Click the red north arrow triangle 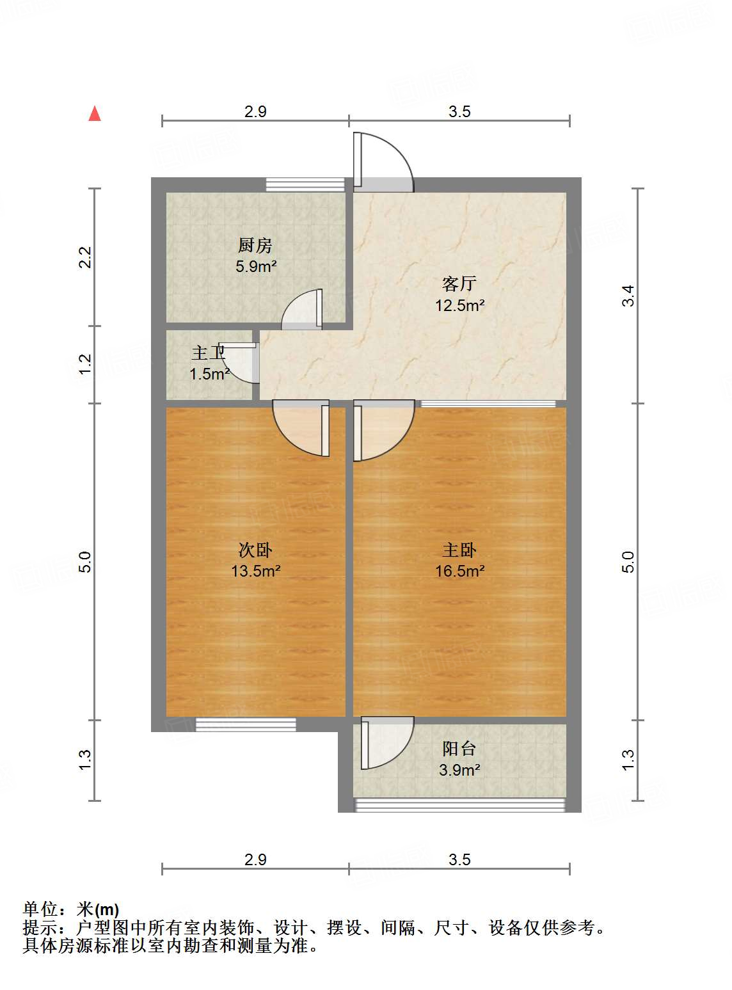pos(95,114)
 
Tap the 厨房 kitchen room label pos(255,245)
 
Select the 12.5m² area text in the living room pos(459,305)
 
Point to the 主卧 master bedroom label pos(459,550)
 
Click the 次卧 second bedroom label pos(255,550)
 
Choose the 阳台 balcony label pos(459,748)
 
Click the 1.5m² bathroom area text pos(209,374)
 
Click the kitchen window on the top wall pos(305,185)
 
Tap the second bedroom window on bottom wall pos(246,724)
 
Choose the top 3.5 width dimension pos(459,111)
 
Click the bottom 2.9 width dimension pos(255,859)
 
